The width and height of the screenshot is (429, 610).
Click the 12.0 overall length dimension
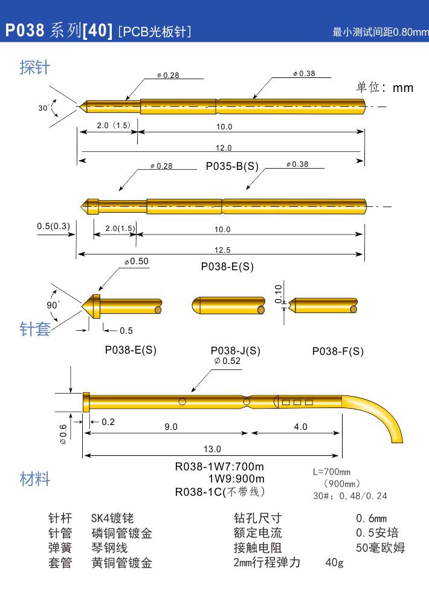point(224,148)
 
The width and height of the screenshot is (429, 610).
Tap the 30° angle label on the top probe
point(44,108)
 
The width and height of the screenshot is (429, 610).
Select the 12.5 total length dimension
point(222,250)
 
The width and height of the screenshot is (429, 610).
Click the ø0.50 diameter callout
point(137,261)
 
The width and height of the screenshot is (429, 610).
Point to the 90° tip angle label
point(53,305)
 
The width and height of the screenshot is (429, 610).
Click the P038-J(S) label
point(235,351)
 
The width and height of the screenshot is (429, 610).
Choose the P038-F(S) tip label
point(338,351)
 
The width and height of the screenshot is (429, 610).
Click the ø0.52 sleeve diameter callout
point(228,361)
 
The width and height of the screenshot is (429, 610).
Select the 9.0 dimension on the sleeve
point(171,427)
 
